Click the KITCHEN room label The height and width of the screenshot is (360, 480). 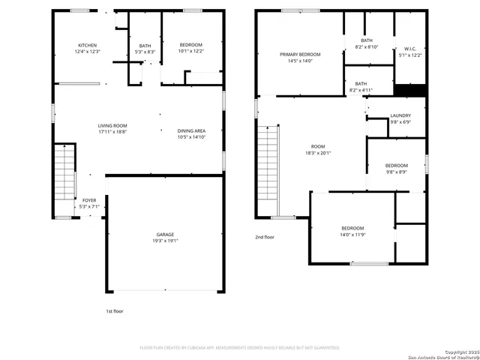click(x=87, y=45)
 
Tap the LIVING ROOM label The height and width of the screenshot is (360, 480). click(x=112, y=125)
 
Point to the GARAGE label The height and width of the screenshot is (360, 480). click(x=166, y=235)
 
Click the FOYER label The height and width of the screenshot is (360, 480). click(x=88, y=200)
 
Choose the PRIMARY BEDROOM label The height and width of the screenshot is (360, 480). click(x=300, y=55)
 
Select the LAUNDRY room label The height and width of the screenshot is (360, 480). click(x=400, y=115)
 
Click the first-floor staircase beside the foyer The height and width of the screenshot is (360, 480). click(x=65, y=173)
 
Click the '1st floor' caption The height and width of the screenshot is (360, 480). click(x=115, y=310)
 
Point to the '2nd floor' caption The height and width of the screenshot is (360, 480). click(x=265, y=237)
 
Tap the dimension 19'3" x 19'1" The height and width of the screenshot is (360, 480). click(x=166, y=241)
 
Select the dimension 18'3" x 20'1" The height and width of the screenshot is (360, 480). click(x=319, y=153)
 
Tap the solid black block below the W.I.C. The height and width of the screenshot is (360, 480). click(x=410, y=90)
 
